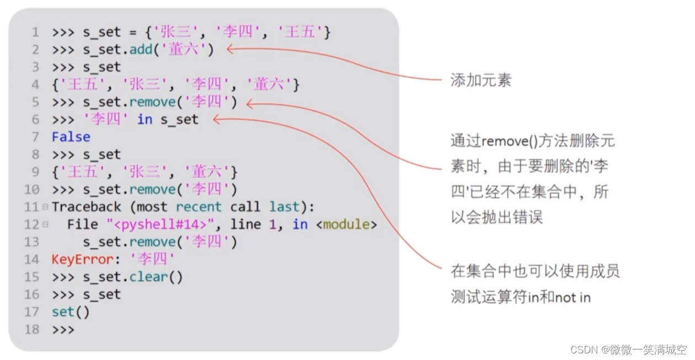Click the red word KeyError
74,259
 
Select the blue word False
71,137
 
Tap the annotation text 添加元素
481,80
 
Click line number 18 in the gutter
32,330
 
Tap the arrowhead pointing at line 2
231,50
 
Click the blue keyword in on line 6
145,120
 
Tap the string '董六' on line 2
187,50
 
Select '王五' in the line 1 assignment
299,33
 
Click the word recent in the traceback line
199,207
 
